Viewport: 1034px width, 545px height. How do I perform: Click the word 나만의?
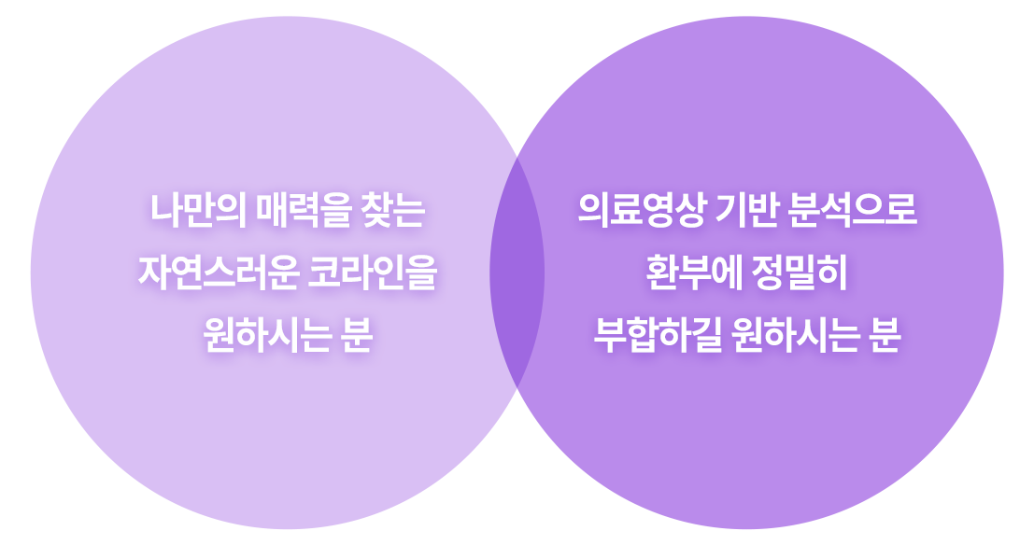tap(198, 212)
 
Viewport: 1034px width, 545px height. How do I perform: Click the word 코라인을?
tap(372, 272)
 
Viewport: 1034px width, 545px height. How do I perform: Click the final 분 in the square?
tap(883, 334)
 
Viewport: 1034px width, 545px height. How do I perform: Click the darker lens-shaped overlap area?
tap(517, 272)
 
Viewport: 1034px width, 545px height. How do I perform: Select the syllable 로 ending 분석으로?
tap(902, 212)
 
